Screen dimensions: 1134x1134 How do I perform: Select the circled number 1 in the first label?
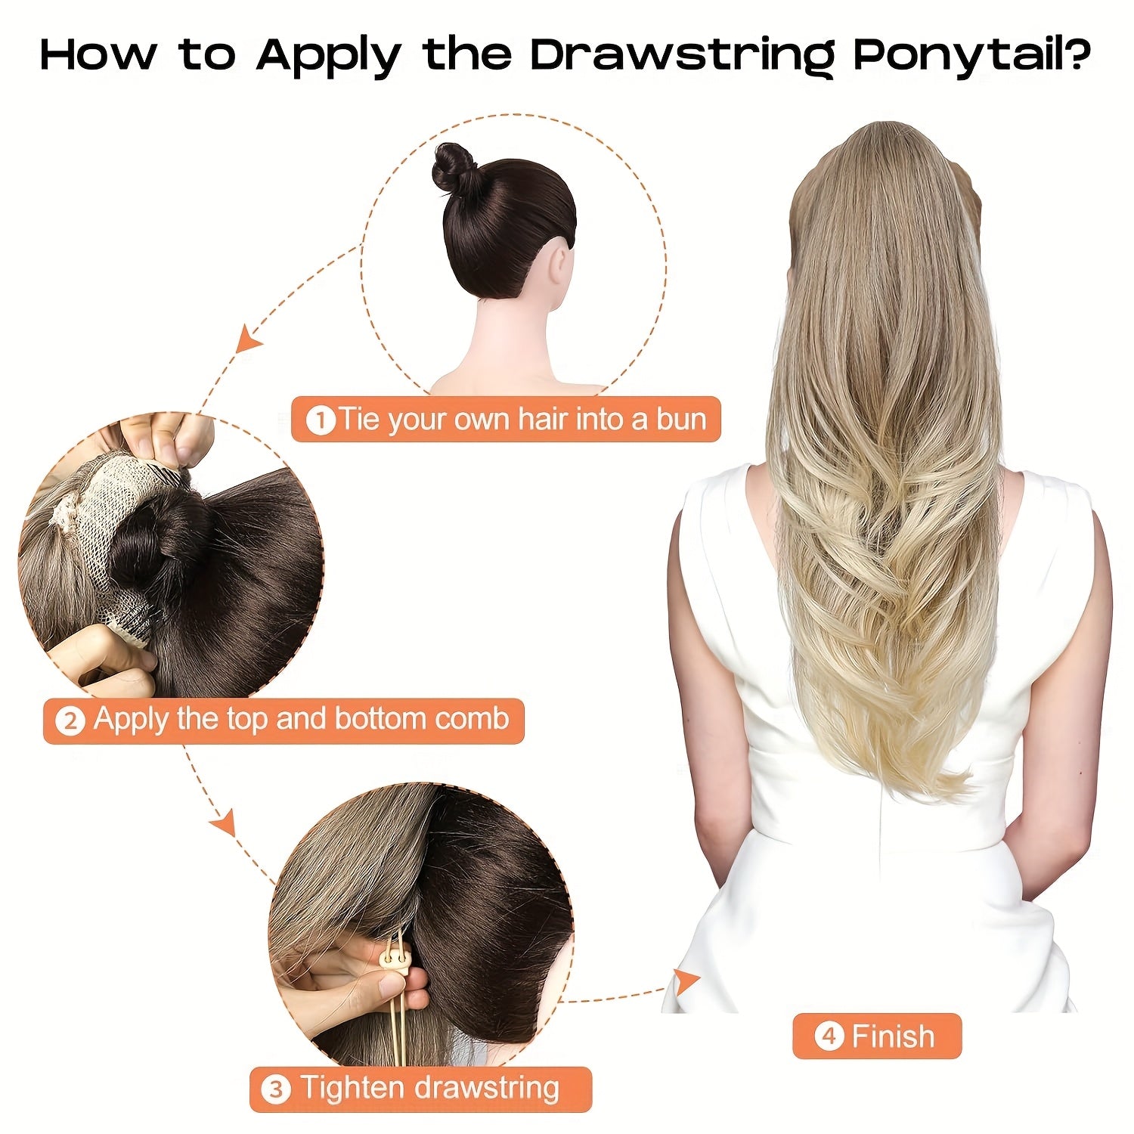click(321, 420)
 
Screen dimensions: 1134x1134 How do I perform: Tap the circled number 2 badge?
click(70, 720)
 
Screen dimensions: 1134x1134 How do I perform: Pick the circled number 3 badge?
click(275, 1089)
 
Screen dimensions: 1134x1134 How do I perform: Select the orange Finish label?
click(876, 1036)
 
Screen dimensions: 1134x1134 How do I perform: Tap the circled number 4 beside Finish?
click(829, 1036)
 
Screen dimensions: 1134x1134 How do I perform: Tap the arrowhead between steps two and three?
click(223, 823)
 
